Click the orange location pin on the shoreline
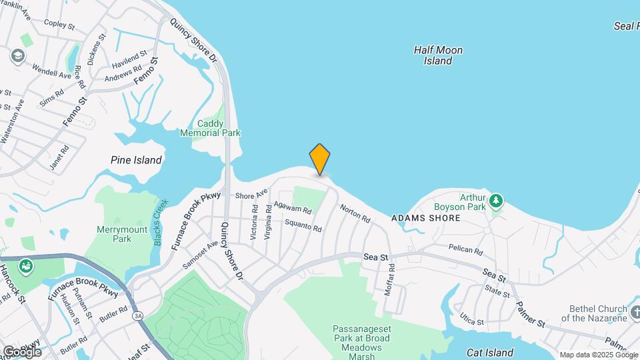coord(320,159)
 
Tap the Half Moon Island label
coord(438,55)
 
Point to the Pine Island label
coord(136,160)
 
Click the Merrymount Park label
coord(113,233)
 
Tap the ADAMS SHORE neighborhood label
coord(425,218)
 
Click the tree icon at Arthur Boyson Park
coord(495,199)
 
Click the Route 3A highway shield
coord(138,315)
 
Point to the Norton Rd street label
coord(355,213)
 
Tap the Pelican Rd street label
coord(465,249)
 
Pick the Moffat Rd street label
coord(389,280)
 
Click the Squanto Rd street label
coord(303,226)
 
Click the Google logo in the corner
coord(21,351)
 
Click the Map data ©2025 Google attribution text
coord(599,355)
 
